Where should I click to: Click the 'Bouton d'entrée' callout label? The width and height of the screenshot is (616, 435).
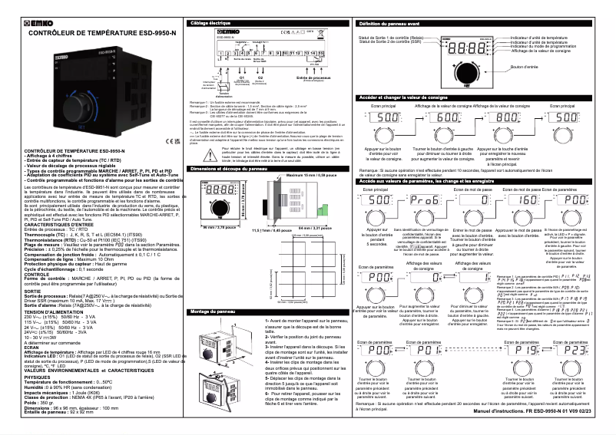pyautogui.click(x=525, y=67)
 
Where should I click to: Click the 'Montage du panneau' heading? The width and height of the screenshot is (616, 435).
pyautogui.click(x=212, y=312)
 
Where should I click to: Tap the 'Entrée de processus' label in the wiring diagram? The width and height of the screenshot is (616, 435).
pyautogui.click(x=310, y=77)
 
